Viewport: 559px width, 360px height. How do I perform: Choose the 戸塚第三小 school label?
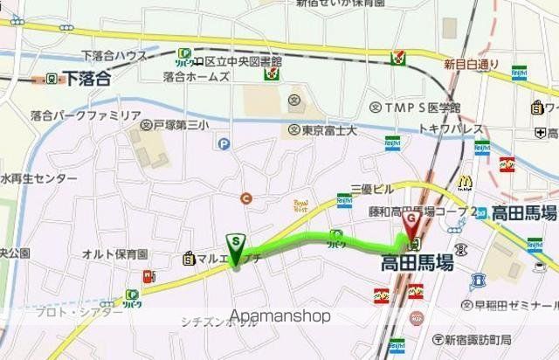click(180, 126)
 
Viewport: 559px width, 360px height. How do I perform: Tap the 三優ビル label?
click(371, 188)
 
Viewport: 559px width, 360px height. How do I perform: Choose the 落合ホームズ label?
click(196, 78)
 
